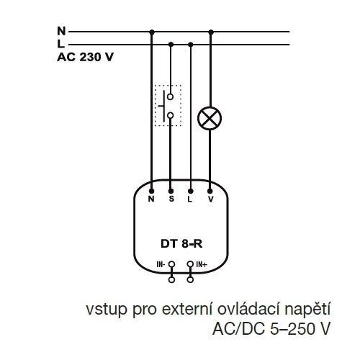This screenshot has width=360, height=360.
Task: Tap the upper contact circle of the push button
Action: click(171, 97)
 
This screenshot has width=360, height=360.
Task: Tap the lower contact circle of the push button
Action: click(171, 116)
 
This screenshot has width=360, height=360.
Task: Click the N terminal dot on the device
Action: click(151, 191)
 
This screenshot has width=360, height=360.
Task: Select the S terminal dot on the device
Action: click(171, 191)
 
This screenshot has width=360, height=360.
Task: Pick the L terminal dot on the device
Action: click(191, 191)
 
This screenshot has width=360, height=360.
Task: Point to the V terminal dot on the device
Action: click(210, 191)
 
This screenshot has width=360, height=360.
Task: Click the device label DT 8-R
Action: click(181, 244)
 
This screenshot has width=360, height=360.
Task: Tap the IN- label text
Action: click(161, 264)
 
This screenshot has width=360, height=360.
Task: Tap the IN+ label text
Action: click(202, 264)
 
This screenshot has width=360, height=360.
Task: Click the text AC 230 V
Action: click(85, 57)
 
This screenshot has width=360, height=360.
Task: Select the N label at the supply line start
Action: click(61, 31)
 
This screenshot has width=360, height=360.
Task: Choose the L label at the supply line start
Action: click(60, 44)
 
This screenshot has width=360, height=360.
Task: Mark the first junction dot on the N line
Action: click(152, 32)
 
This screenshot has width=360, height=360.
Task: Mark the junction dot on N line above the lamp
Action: click(211, 32)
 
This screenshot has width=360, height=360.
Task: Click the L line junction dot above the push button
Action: click(171, 45)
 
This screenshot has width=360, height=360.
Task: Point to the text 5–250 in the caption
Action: click(292, 328)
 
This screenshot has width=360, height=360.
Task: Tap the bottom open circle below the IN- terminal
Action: click(171, 279)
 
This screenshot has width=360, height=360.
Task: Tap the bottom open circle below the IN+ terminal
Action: click(190, 279)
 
